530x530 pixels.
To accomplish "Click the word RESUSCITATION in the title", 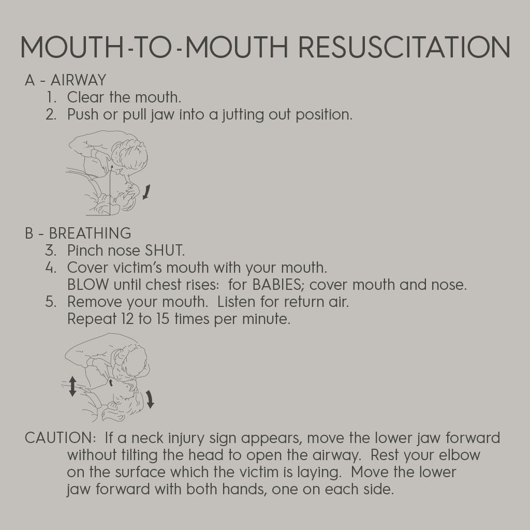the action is point(404,47).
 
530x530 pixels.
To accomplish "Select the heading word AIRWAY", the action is point(79,80).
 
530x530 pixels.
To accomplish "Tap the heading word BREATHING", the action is point(90,233).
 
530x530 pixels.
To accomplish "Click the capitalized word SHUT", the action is point(165,251).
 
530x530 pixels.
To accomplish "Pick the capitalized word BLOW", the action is point(88,285).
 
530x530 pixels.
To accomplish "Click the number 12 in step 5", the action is point(128,319).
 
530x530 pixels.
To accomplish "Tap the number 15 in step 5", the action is point(163,319).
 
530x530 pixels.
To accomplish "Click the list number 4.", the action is point(51,268).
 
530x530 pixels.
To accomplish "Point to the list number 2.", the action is point(51,114).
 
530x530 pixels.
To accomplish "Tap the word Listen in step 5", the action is point(236,302).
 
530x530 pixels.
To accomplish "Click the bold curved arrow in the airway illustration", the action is point(146,192).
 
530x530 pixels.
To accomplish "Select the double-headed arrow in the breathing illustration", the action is point(72,386).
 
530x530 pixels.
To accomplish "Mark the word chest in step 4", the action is point(163,285).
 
